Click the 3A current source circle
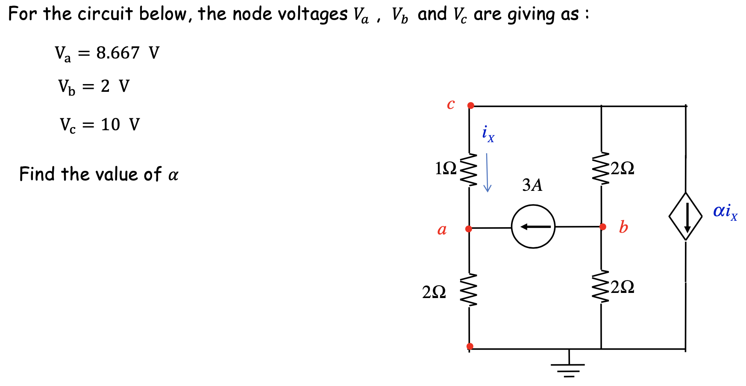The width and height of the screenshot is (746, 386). pos(533,226)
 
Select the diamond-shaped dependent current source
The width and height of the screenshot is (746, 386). pos(685,216)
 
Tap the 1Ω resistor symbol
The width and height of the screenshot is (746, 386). pos(469,170)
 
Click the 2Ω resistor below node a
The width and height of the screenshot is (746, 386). pos(469,290)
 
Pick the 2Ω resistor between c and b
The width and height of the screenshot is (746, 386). pos(601,168)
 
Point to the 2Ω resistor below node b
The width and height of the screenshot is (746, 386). pos(601,287)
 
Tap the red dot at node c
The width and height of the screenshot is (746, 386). pos(470,105)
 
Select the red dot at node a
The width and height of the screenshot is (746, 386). pos(469,229)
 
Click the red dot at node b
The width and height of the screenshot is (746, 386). pos(602,227)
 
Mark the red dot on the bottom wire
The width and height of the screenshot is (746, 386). pos(470,346)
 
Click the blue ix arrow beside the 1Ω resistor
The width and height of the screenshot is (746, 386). pos(487,173)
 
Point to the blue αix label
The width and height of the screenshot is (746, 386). pos(725,211)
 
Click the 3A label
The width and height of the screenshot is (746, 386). pos(532,185)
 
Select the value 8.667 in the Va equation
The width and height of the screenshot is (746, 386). pos(118,53)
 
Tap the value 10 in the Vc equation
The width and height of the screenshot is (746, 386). pos(110,125)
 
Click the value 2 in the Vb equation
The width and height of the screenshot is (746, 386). pos(105,86)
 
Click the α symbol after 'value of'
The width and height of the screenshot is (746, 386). pos(173,175)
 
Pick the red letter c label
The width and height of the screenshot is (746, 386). pos(451,104)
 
